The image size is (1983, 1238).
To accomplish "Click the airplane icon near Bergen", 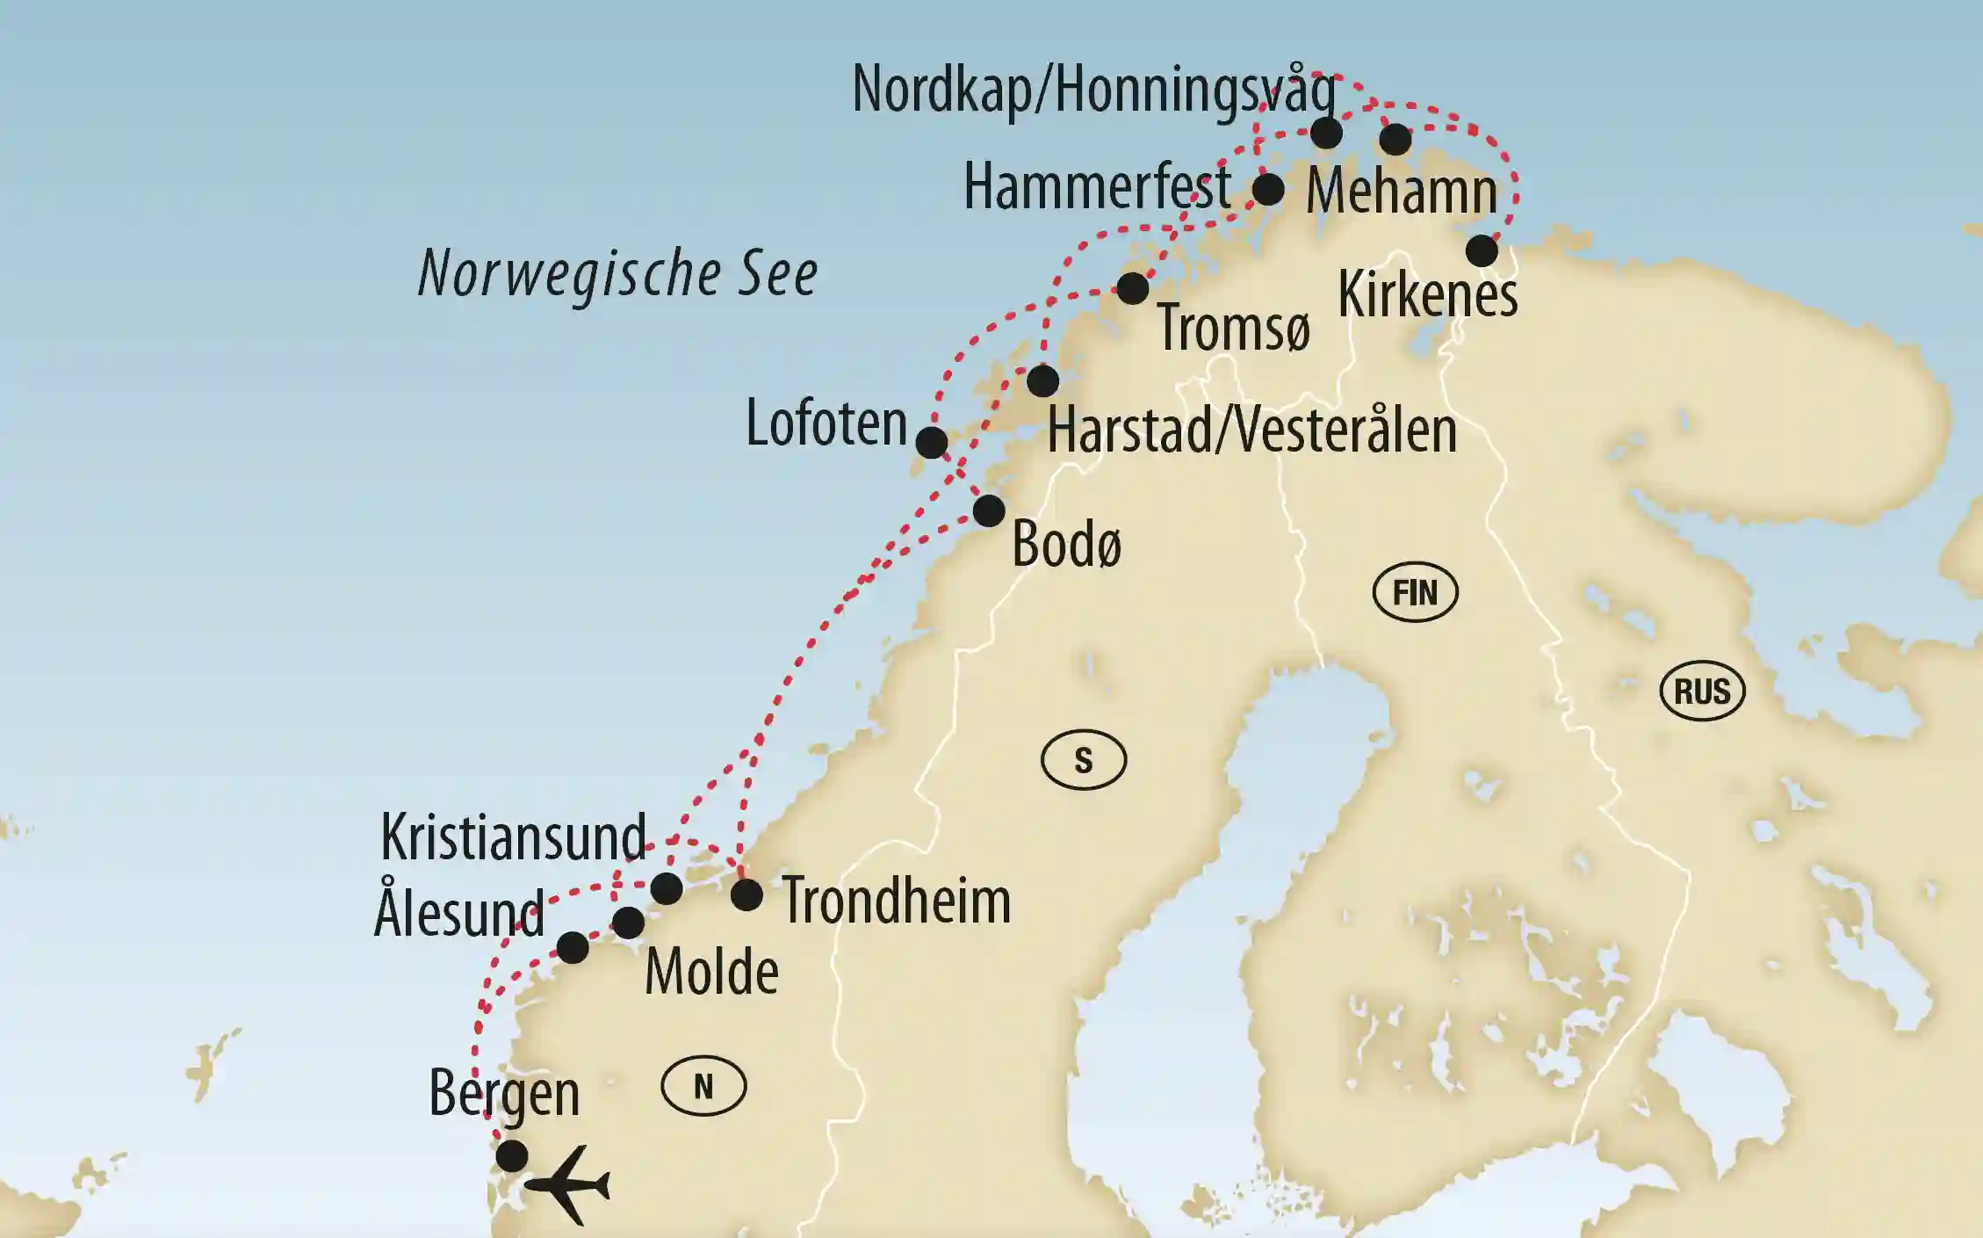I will tap(568, 1185).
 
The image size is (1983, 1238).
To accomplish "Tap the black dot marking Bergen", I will tap(512, 1155).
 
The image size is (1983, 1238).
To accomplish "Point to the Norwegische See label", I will tap(617, 273).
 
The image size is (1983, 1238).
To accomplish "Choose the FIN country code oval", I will tap(1415, 592).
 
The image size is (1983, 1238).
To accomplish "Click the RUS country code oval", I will tap(1701, 691).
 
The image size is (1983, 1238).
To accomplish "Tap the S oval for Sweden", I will tap(1083, 760).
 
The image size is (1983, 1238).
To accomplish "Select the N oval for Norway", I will tap(703, 1087).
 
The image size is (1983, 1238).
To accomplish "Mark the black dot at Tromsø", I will tap(1133, 288).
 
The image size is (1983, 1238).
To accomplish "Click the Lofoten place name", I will tap(826, 424).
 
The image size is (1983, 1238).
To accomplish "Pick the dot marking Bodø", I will tap(989, 510).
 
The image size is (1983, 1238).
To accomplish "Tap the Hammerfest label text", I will tap(1097, 187).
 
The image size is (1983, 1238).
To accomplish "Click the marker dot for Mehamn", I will tap(1395, 139).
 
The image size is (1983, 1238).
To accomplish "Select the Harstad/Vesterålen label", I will tap(1251, 431).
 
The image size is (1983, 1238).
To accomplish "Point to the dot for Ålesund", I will tap(573, 947).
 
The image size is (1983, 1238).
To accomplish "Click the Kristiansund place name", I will tap(513, 838).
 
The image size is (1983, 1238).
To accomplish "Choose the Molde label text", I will tap(711, 973).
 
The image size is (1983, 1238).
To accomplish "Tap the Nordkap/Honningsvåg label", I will tap(1093, 90).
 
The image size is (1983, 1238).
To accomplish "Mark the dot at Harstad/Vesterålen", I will tap(1043, 380).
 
